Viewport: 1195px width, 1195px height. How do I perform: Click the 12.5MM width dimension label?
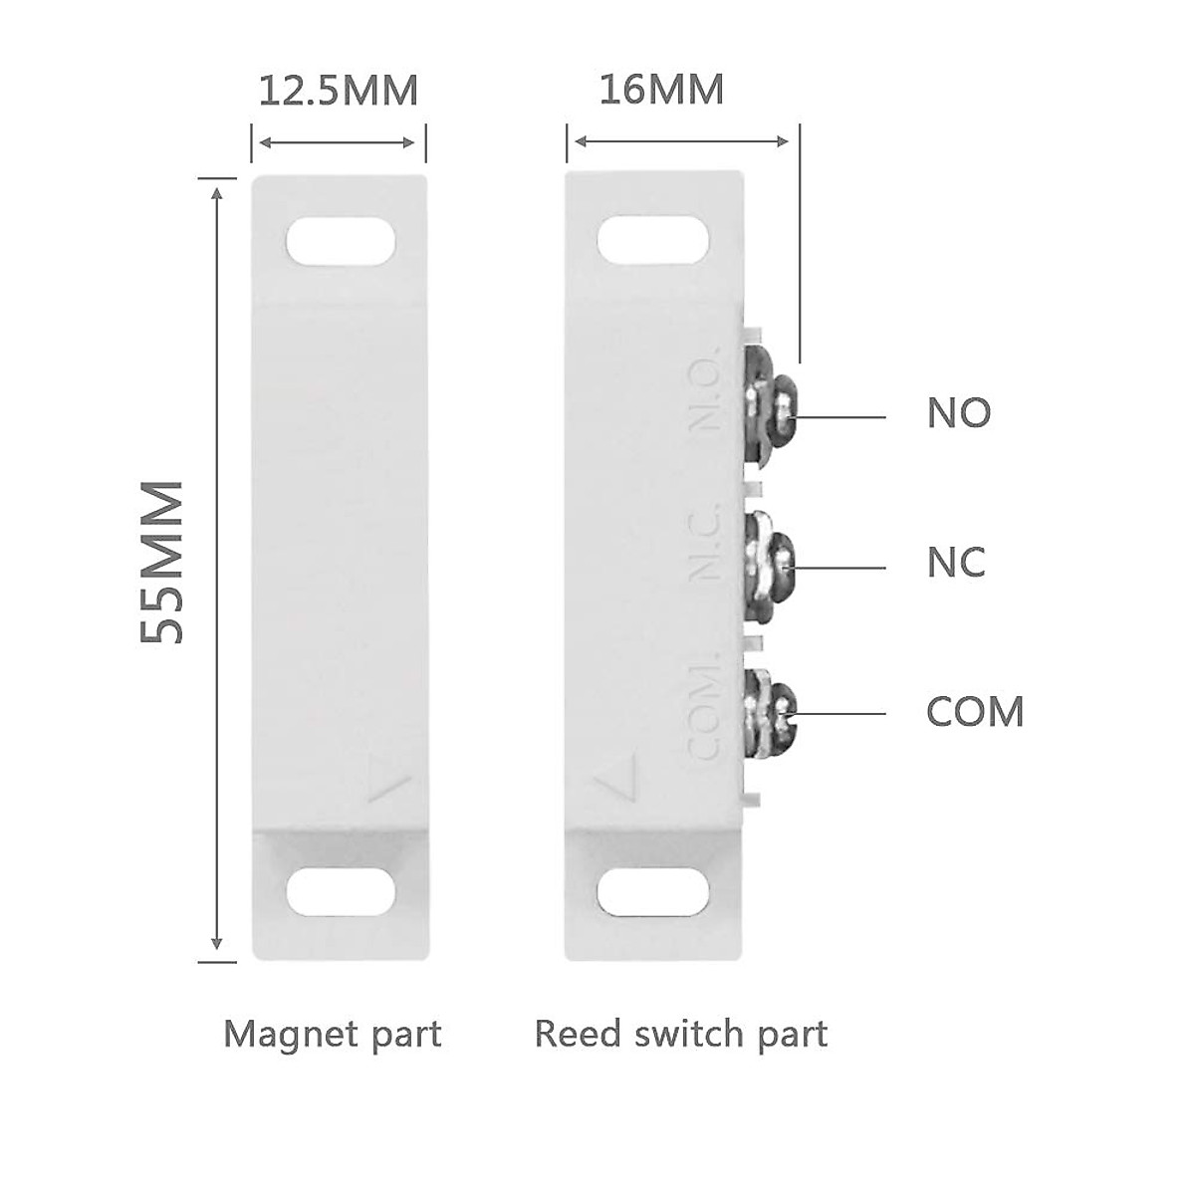point(339,91)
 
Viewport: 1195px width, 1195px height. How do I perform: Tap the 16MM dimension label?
point(661,90)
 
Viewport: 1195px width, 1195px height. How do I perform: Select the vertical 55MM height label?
point(161,563)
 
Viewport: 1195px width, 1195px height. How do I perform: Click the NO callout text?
point(959,412)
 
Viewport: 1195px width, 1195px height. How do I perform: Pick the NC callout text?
point(956,563)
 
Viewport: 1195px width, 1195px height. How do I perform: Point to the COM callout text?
point(975,712)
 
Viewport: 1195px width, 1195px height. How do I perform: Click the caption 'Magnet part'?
point(333,1034)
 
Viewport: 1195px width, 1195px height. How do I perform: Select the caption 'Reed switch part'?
point(681,1034)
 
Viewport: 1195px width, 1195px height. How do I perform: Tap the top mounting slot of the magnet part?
point(340,242)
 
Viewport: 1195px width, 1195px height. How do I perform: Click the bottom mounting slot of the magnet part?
point(340,891)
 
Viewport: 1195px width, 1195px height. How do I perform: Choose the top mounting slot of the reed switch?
point(653,242)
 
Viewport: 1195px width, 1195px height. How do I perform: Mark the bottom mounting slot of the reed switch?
point(653,891)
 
